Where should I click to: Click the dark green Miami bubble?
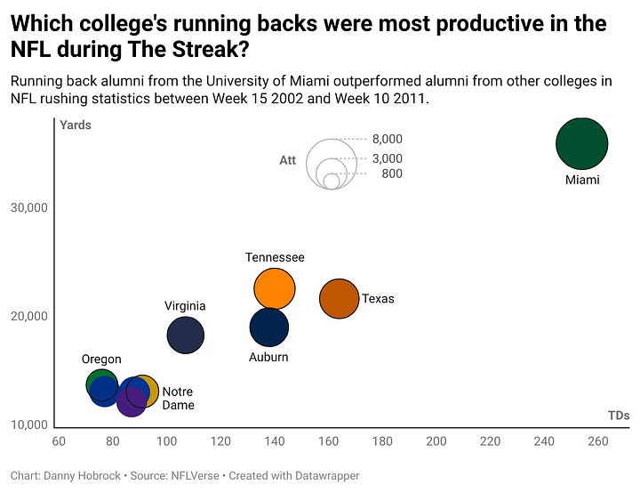click(x=581, y=143)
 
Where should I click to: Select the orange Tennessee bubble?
click(x=274, y=287)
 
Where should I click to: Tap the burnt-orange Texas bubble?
click(x=339, y=298)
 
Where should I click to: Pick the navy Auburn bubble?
click(x=269, y=327)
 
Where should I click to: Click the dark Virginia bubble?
click(x=185, y=335)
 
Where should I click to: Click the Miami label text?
click(x=582, y=180)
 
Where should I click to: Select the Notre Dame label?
click(x=178, y=398)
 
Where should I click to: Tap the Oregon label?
click(x=101, y=359)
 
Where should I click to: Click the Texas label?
click(x=378, y=299)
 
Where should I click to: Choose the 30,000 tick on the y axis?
click(x=33, y=208)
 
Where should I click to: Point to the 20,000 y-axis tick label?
click(x=33, y=316)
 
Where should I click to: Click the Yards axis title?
click(x=76, y=125)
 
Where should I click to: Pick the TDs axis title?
click(x=619, y=416)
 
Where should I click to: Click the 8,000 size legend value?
click(x=387, y=139)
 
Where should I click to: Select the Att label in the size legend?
click(x=288, y=161)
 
